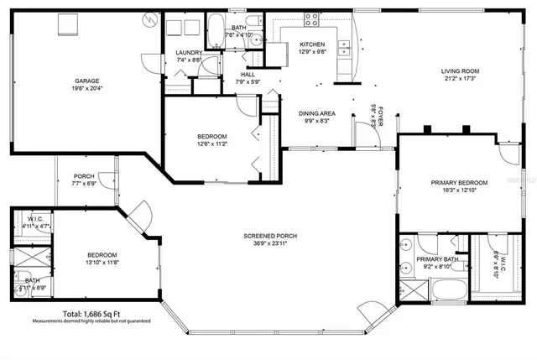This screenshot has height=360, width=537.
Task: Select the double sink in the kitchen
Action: pos(343,48)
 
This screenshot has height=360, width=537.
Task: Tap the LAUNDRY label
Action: pos(189,52)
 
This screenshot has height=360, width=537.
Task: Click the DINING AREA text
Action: pos(317,112)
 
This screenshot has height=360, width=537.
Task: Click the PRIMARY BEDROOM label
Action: pos(459,182)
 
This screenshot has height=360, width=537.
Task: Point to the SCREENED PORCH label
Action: pos(270,236)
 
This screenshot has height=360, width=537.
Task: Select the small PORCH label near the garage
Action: pos(82,175)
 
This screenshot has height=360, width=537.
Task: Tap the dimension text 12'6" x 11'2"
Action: pos(212,143)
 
